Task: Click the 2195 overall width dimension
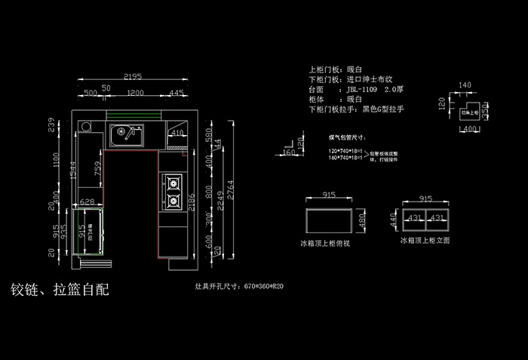134,77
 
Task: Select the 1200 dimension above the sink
136,93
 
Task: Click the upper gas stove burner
173,182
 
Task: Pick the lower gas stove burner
173,201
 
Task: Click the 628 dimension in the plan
87,202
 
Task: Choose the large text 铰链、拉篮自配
60,290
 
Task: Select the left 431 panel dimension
415,217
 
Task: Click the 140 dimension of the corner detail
465,85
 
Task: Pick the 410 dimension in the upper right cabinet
177,133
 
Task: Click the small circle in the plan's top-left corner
88,127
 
